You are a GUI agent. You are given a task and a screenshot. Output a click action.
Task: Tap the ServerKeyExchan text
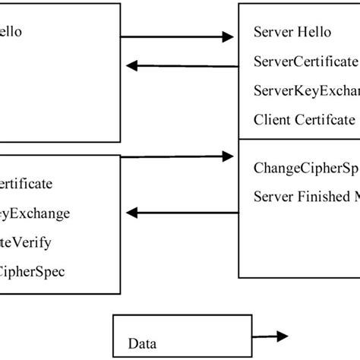coord(306,90)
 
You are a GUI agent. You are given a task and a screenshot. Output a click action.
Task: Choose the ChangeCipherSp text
coord(306,169)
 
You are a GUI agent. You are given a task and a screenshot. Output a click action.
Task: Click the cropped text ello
coord(12,32)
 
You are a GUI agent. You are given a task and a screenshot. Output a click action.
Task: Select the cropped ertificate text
coord(27,184)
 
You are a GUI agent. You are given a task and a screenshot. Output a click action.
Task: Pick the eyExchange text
coord(35,213)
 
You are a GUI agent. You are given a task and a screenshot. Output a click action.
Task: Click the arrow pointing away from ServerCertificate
coord(182,66)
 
